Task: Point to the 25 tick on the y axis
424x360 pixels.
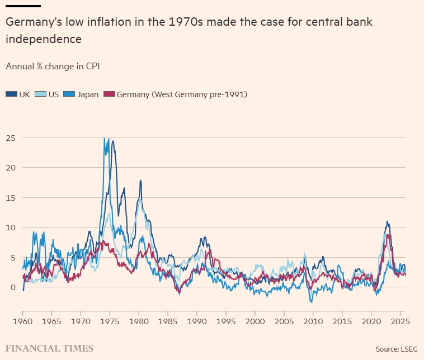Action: pos(10,138)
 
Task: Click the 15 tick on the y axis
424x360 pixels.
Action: pos(10,197)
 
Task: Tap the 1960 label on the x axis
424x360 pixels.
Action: pos(23,322)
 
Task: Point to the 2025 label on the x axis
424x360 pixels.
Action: pos(399,322)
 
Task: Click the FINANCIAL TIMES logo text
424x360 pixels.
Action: pos(49,348)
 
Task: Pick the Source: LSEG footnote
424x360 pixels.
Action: pos(397,349)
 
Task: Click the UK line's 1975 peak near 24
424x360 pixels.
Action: pos(113,141)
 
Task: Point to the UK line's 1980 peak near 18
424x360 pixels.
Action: pos(141,181)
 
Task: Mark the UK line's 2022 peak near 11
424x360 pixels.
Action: pos(387,222)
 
